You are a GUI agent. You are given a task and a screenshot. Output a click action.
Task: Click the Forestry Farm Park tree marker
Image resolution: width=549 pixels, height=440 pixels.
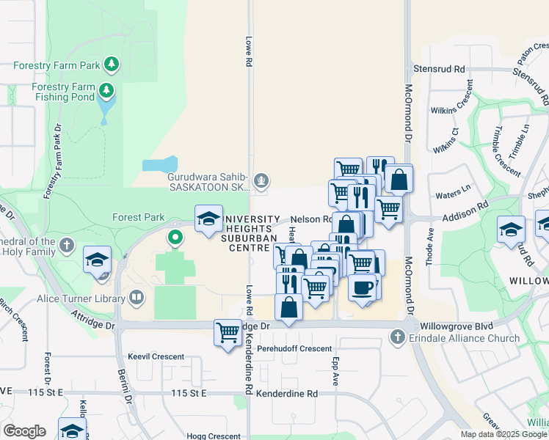click(112, 65)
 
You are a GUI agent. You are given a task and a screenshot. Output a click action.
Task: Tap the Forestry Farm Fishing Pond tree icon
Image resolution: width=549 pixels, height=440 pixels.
click(107, 92)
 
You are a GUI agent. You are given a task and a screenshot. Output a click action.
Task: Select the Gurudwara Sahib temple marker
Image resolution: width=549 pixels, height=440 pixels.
click(260, 180)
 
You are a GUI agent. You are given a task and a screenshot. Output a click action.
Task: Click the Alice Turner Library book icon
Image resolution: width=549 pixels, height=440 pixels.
click(136, 298)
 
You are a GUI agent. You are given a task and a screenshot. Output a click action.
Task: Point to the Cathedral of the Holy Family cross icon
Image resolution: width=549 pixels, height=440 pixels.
click(67, 245)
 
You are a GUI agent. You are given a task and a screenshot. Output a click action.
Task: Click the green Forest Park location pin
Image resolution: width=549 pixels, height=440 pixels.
click(175, 238)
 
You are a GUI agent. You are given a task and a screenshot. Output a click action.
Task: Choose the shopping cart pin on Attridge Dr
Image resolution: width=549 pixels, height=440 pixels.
click(228, 332)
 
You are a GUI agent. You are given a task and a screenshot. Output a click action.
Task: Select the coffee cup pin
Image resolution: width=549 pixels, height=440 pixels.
click(362, 286)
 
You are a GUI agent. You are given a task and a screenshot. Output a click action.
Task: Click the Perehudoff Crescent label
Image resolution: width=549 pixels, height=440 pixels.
click(290, 348)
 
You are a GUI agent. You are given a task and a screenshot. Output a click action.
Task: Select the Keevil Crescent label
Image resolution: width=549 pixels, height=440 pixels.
click(156, 357)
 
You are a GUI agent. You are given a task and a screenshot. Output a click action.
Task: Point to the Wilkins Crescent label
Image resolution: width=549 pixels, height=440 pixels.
click(454, 116)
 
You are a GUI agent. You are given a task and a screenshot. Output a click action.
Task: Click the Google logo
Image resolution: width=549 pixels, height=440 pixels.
click(24, 431)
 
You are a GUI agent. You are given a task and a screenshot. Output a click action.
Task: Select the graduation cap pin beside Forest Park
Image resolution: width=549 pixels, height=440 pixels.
click(208, 218)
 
